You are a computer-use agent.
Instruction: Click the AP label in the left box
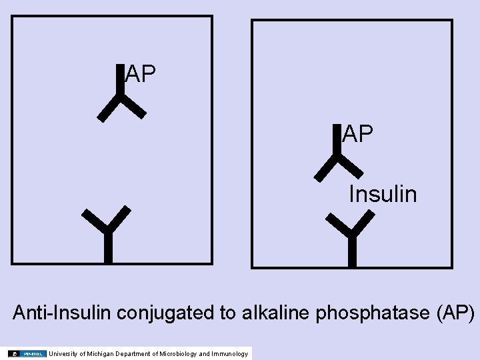pos(141,74)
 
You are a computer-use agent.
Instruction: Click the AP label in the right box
pos(357,134)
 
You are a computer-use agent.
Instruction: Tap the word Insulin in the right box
pos(383,194)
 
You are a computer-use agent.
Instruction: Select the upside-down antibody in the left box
pos(121,97)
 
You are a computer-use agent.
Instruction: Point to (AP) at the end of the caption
pos(456,312)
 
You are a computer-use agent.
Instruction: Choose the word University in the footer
pos(62,353)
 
